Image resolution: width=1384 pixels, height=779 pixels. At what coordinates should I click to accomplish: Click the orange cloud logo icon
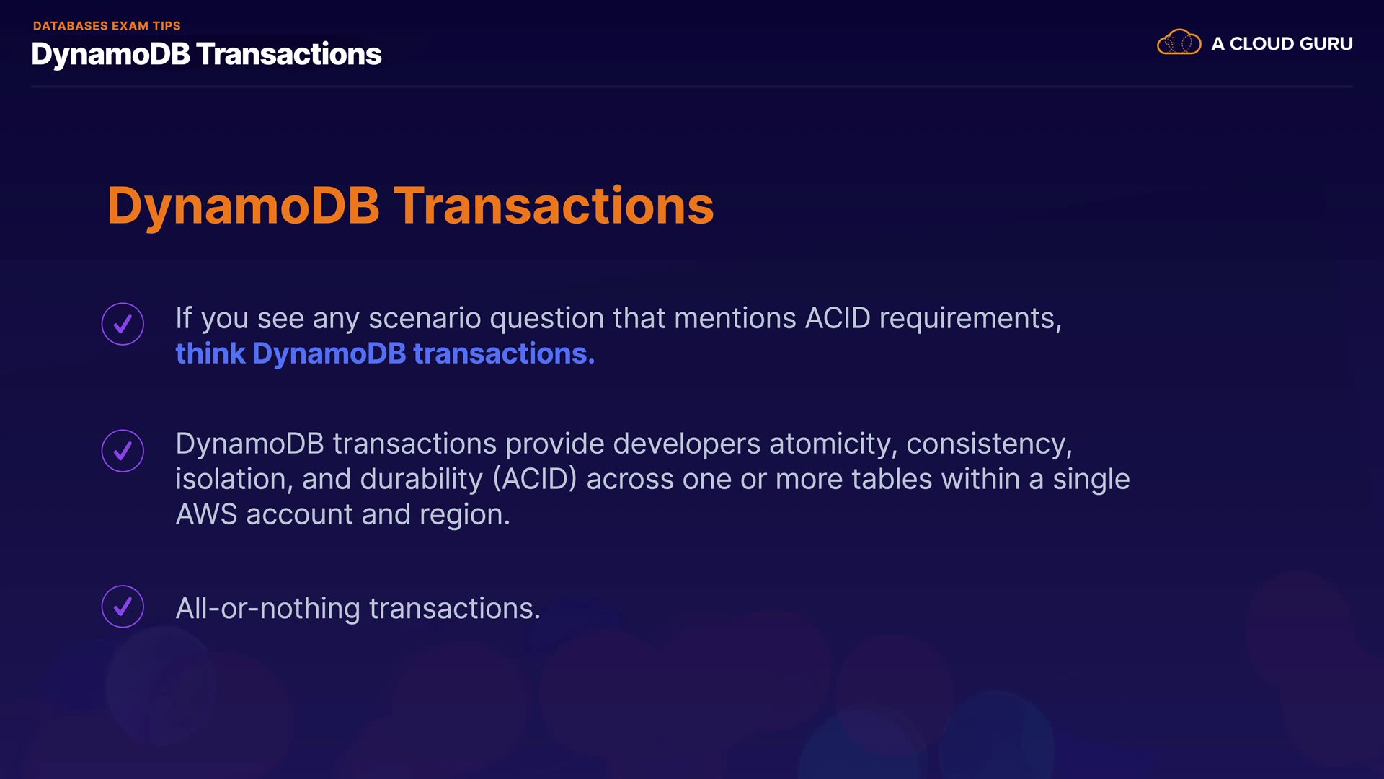pos(1179,43)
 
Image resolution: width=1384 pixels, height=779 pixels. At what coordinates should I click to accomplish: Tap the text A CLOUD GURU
pos(1282,44)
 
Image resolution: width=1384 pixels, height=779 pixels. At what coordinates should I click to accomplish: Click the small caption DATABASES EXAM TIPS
pos(107,26)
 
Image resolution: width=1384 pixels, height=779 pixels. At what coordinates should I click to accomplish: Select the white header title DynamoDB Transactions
pos(206,54)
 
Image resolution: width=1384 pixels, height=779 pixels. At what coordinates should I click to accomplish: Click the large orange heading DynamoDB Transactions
pos(410,206)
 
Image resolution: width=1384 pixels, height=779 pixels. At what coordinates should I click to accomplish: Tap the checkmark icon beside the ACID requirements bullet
pos(123,324)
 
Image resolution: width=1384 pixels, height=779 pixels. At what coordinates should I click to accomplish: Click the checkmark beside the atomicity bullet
pos(123,451)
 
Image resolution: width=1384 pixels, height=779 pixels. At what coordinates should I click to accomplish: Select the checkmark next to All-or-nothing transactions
pos(123,607)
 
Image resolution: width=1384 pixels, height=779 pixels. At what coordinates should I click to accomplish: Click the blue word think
pos(210,353)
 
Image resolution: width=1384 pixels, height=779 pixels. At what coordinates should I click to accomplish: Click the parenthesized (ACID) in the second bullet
pos(535,480)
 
